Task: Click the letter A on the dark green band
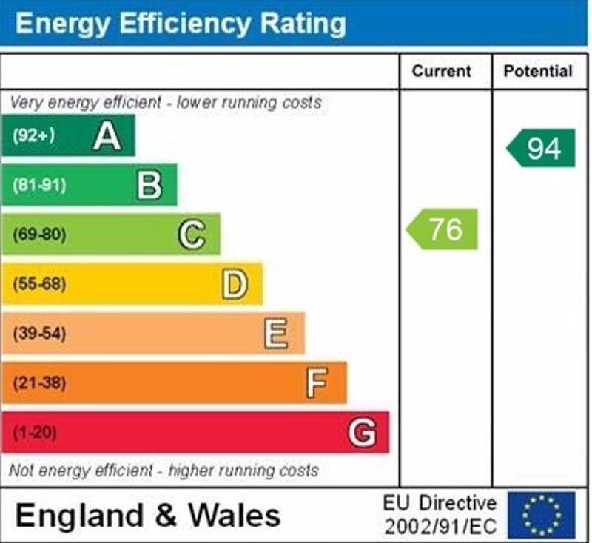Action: tap(107, 136)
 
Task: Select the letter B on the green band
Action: tap(149, 186)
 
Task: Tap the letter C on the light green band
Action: tap(191, 235)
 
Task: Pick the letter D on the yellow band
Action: tap(234, 284)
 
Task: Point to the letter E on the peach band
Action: tap(275, 334)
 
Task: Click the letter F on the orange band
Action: tap(317, 383)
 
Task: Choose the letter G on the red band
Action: tap(361, 432)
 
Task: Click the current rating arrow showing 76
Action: tap(443, 229)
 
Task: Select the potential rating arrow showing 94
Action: tap(542, 148)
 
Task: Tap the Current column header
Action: tap(441, 72)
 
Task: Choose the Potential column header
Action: tap(538, 72)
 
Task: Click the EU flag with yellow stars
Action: tap(541, 515)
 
